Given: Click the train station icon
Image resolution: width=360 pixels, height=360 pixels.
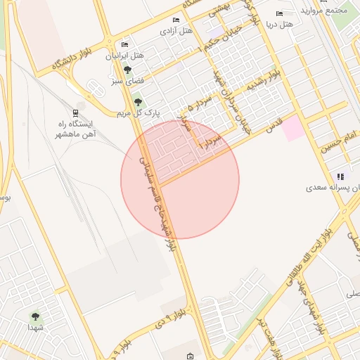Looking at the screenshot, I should click(75, 112).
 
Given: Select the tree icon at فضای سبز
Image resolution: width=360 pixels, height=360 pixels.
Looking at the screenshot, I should click(127, 70).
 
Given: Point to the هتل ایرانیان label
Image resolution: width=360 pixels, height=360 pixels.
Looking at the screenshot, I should click(127, 55).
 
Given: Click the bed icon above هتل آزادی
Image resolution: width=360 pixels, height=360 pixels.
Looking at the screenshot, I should click(175, 20).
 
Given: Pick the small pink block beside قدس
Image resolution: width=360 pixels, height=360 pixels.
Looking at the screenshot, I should click(294, 127).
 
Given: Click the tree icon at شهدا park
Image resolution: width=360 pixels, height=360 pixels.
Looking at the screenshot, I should click(35, 317).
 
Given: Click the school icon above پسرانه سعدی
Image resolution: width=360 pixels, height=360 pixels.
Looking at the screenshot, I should click(340, 176).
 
